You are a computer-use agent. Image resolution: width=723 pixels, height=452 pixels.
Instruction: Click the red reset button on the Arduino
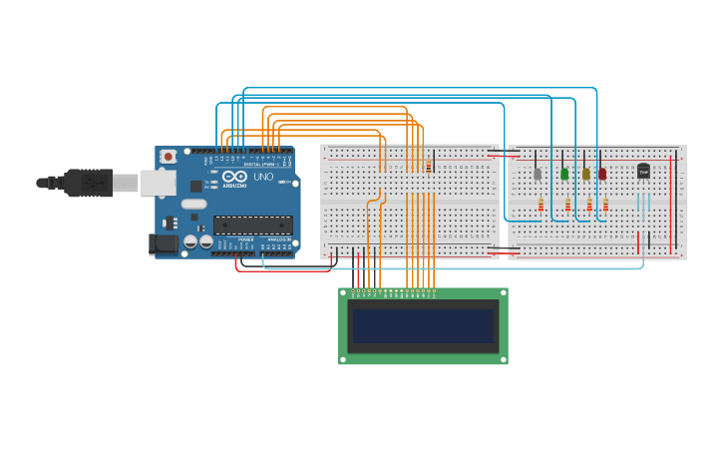(169, 157)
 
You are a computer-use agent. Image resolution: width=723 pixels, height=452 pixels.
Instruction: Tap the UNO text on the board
(263, 177)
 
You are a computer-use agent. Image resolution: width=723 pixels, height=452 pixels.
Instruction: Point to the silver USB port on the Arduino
(156, 182)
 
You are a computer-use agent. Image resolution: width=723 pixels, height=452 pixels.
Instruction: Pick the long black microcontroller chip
(252, 225)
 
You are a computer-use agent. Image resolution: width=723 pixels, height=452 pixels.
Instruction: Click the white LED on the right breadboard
(538, 174)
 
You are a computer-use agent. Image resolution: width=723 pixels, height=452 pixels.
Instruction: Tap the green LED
(564, 174)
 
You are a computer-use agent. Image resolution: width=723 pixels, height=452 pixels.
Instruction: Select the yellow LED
(586, 174)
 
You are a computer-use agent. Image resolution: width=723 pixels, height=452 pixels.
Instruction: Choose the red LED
(602, 174)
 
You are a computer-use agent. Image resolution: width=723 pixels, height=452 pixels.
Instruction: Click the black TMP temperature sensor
(643, 172)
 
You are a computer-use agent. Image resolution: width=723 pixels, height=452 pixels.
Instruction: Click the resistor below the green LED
(568, 206)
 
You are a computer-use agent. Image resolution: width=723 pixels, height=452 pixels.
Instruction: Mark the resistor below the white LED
(542, 206)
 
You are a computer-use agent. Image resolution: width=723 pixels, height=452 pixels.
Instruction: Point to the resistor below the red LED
(605, 206)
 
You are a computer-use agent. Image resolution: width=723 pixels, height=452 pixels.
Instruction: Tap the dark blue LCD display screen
(423, 325)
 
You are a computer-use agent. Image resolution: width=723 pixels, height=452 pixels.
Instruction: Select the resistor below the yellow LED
(589, 206)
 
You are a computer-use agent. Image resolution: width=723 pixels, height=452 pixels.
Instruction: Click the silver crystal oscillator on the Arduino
(193, 204)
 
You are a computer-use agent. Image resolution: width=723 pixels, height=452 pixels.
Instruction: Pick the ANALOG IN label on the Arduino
(278, 239)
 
